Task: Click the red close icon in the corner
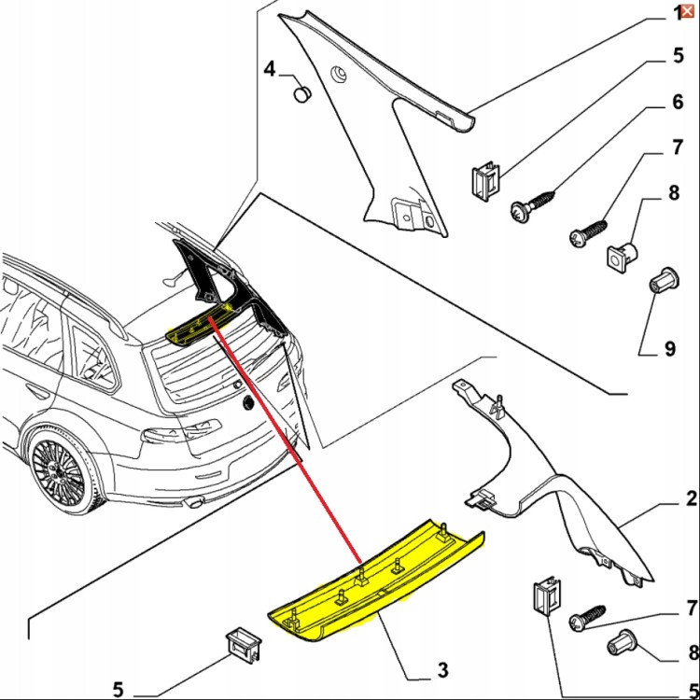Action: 688,11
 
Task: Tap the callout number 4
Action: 270,69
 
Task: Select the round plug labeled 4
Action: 302,94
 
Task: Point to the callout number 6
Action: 678,102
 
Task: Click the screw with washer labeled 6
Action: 533,205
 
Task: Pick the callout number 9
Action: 669,349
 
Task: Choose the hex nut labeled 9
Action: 664,281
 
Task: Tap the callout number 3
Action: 442,669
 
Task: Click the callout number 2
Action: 691,498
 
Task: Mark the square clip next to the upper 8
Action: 623,257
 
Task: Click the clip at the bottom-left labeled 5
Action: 245,643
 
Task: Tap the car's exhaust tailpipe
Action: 193,503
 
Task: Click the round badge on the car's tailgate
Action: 247,403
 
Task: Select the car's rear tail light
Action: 181,432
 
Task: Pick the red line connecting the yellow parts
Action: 285,439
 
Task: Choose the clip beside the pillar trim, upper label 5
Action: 485,180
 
